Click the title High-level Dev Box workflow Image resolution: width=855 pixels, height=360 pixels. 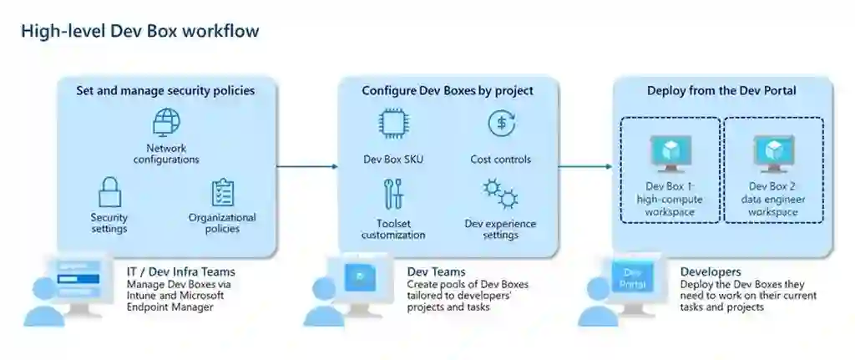click(139, 32)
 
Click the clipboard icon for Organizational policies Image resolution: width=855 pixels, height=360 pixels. click(222, 193)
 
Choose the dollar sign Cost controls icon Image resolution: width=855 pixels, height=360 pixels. click(500, 124)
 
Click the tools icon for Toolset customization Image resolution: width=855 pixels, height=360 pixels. click(393, 195)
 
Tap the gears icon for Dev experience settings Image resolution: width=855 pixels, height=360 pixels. click(500, 194)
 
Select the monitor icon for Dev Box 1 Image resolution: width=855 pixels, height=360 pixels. click(669, 153)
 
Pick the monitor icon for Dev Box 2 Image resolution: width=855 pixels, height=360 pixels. click(772, 153)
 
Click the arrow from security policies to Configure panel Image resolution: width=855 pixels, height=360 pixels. click(306, 167)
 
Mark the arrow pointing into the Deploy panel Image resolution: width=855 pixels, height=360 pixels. click(584, 167)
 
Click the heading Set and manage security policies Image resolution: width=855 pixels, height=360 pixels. click(165, 90)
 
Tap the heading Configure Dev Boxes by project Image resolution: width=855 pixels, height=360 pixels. click(448, 90)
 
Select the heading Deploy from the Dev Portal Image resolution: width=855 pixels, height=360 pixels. click(722, 90)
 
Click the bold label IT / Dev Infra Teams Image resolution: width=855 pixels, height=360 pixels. click(180, 271)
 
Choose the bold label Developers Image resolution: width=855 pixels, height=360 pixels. click(710, 271)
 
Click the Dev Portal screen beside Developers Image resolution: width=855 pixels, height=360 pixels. click(633, 279)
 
